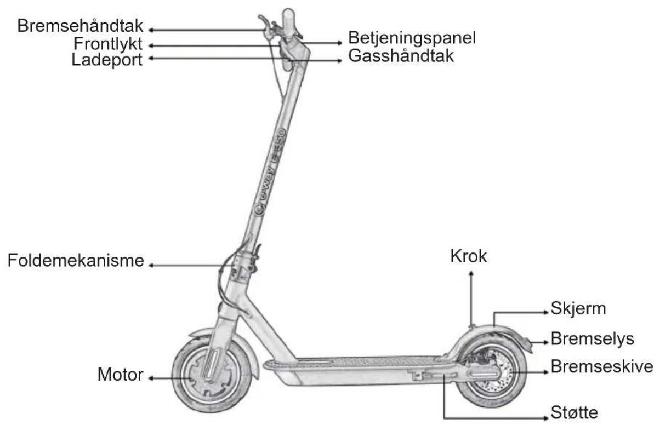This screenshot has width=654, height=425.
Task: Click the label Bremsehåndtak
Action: [x=80, y=26]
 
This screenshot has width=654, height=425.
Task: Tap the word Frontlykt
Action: [x=108, y=44]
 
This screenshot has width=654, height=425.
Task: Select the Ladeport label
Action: [x=107, y=60]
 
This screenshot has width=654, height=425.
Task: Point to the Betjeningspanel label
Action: [x=412, y=38]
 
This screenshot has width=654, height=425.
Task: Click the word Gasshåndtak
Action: [x=401, y=55]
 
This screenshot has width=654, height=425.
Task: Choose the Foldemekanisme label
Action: [x=76, y=260]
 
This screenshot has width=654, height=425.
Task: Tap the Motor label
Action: [x=120, y=374]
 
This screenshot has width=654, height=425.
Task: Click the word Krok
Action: [x=468, y=256]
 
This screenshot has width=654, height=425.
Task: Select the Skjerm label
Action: [x=578, y=308]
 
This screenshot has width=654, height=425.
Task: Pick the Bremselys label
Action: [x=592, y=338]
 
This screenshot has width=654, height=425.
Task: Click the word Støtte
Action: [x=575, y=412]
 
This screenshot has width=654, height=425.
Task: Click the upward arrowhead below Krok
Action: [x=471, y=273]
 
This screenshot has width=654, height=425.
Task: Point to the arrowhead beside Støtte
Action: [x=547, y=417]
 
